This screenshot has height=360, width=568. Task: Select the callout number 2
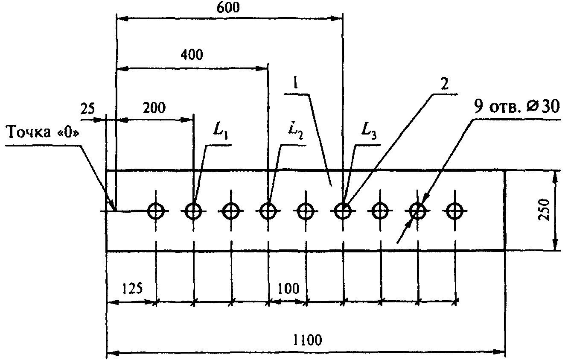pos(445,84)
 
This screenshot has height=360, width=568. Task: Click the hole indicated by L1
pos(194,211)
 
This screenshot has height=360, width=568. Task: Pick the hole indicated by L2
pos(268,211)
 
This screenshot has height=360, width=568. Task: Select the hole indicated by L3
pos(343,211)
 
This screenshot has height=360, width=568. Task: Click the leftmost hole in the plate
pos(156,211)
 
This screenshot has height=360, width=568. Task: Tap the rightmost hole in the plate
pos(454,211)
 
